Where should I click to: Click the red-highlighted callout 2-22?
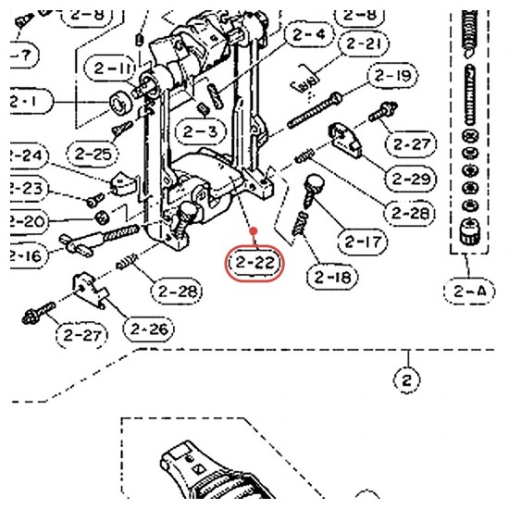coord(254,263)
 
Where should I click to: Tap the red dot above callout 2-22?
coord(254,231)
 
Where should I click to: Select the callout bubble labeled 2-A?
coord(469,292)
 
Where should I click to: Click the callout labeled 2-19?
coord(392,76)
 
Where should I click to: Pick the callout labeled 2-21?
coord(364,43)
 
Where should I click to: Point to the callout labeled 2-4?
coord(309,34)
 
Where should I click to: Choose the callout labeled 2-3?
coord(200,131)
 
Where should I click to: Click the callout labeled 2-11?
coord(110,68)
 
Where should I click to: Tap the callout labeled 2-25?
coord(93,154)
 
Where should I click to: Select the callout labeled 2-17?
coord(363,242)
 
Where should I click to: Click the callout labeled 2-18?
coord(332,277)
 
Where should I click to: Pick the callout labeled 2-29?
coord(411,179)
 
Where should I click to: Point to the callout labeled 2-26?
coord(149,329)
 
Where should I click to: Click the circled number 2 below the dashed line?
coord(407,379)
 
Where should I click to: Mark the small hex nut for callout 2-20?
coord(102,217)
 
